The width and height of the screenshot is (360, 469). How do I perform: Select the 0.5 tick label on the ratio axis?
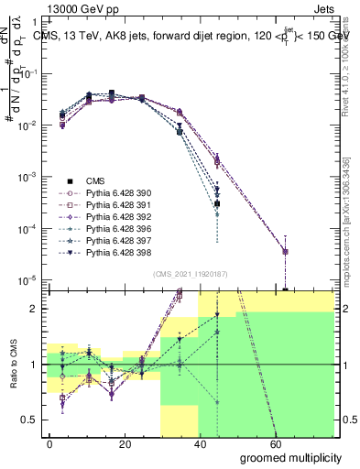30,420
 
